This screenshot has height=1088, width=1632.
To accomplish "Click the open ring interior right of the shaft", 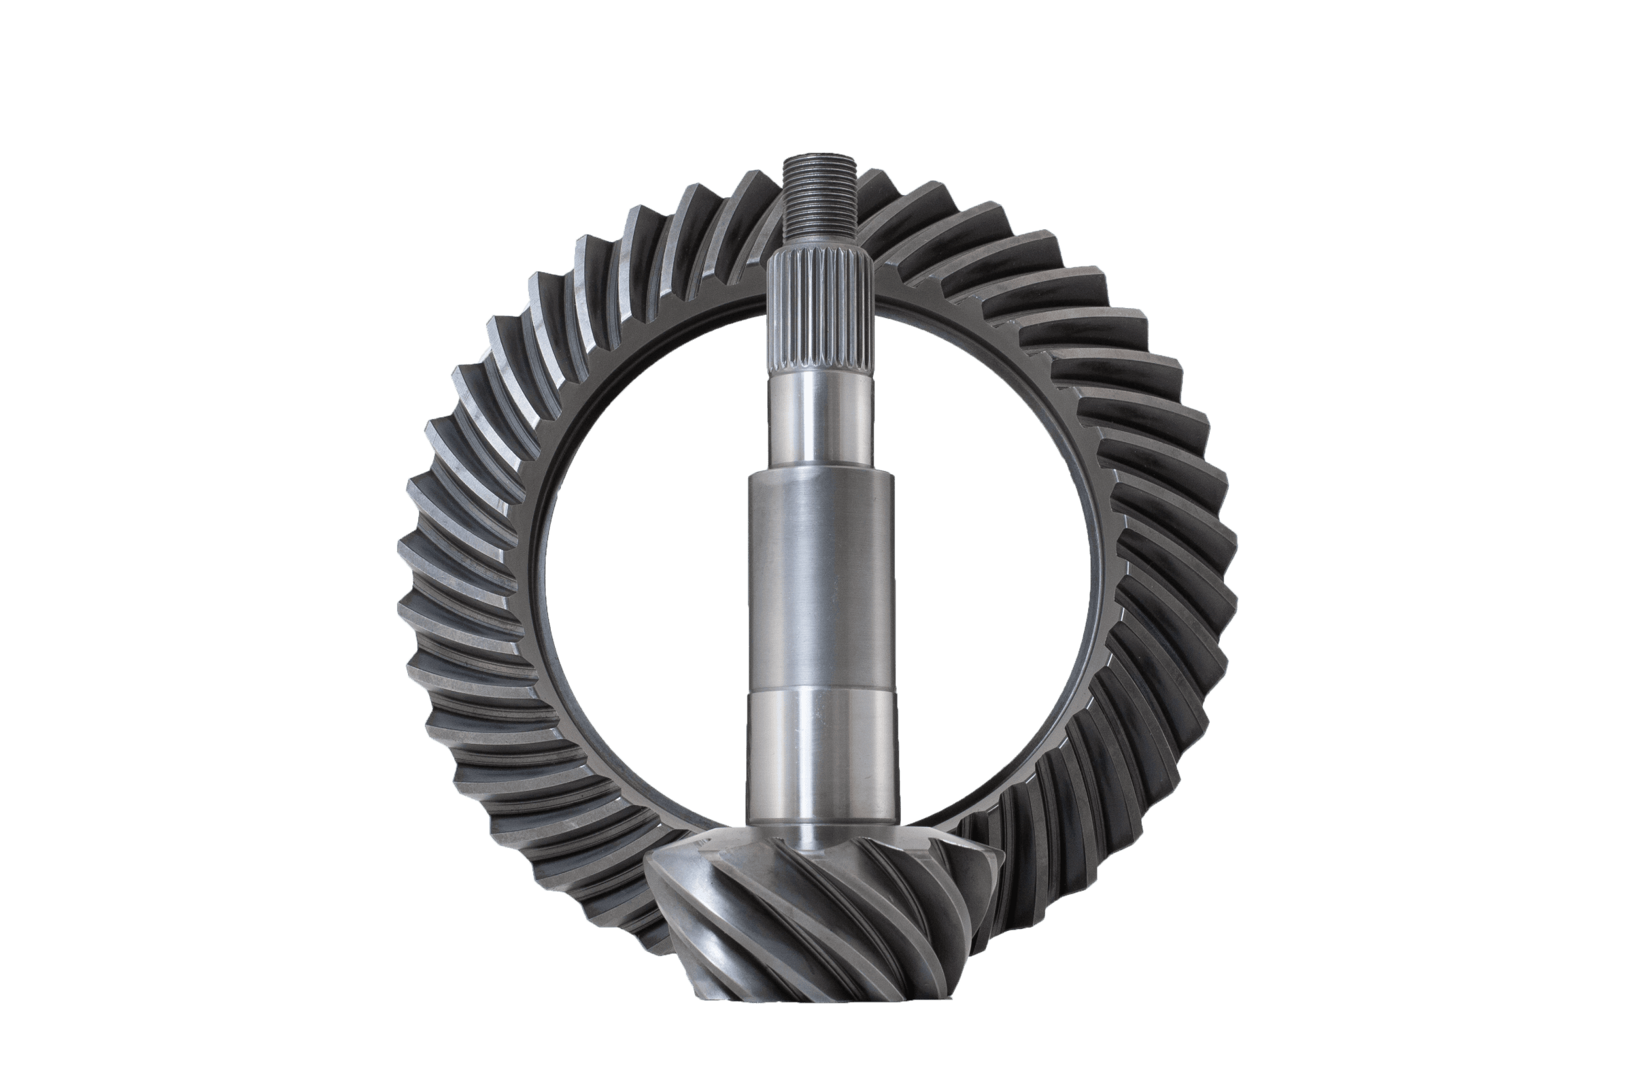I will pyautogui.click(x=992, y=555).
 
